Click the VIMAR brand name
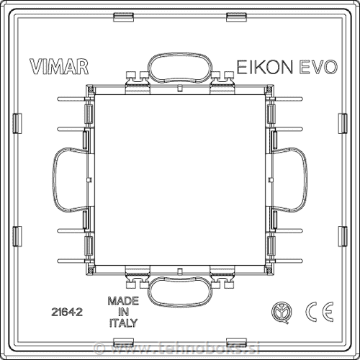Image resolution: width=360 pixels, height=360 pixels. point(60,67)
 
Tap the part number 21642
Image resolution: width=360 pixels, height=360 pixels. point(66,312)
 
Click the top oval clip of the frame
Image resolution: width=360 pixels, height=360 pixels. point(180,68)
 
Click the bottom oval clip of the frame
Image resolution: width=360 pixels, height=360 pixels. point(180,293)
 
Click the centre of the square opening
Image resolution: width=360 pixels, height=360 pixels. point(180,180)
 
